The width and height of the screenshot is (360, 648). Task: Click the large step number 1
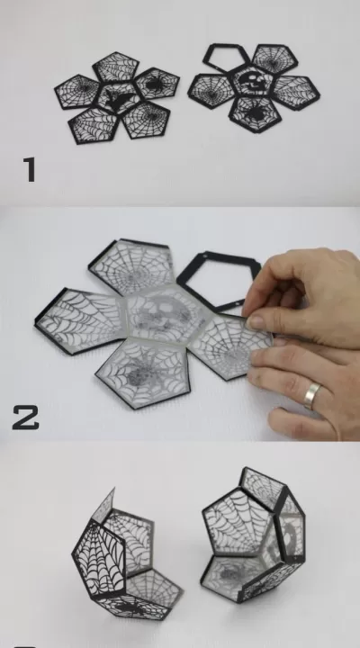point(30,169)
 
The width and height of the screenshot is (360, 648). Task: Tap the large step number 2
point(25,418)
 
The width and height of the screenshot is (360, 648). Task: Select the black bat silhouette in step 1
point(118,98)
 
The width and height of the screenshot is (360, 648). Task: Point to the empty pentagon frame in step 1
point(225,58)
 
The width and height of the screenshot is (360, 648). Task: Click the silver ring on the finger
point(312,395)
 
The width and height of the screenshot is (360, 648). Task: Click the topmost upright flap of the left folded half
point(103,506)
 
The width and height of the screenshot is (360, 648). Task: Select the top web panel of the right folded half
point(262,482)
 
